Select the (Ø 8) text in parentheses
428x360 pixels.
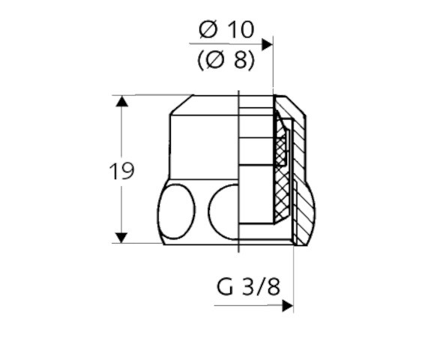tap(226, 60)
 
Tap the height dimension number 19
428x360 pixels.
tap(121, 171)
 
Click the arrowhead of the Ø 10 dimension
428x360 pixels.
tap(267, 45)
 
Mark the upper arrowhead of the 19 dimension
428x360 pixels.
tap(121, 101)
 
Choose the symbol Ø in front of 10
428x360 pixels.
tap(208, 30)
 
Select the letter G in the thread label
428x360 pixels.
tap(224, 287)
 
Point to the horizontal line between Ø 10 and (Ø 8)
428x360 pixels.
tap(225, 46)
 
